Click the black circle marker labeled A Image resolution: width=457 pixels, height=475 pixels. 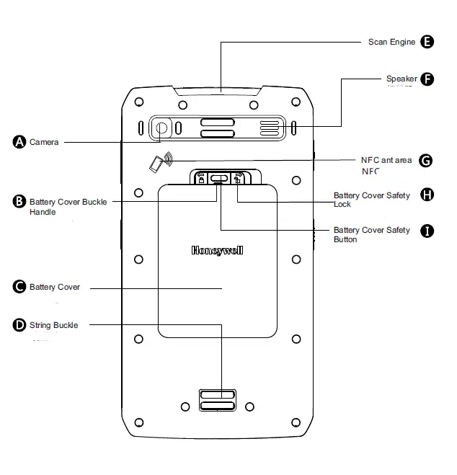(19, 142)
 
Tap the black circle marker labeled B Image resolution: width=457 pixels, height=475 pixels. (19, 202)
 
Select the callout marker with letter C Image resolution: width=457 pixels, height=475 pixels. (19, 287)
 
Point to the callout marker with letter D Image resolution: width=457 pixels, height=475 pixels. (19, 325)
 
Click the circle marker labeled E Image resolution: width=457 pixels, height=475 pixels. (427, 42)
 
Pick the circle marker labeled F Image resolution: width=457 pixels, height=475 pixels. (427, 79)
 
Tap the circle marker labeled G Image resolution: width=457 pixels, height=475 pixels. (426, 160)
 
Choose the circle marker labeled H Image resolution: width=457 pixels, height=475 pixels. (427, 195)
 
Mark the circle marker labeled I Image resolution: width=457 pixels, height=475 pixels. (427, 231)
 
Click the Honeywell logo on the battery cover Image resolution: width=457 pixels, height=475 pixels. (218, 251)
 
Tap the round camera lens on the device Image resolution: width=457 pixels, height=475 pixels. (161, 129)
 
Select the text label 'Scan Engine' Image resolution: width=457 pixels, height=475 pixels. (391, 42)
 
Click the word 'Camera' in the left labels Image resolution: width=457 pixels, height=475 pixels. (44, 142)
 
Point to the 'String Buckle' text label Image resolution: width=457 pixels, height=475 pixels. (53, 325)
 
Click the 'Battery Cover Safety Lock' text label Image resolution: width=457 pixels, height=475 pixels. (371, 200)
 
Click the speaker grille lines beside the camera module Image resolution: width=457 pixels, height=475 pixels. (269, 129)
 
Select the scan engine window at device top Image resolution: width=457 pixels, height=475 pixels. (221, 92)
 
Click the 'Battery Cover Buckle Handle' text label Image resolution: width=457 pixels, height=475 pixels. (68, 207)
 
